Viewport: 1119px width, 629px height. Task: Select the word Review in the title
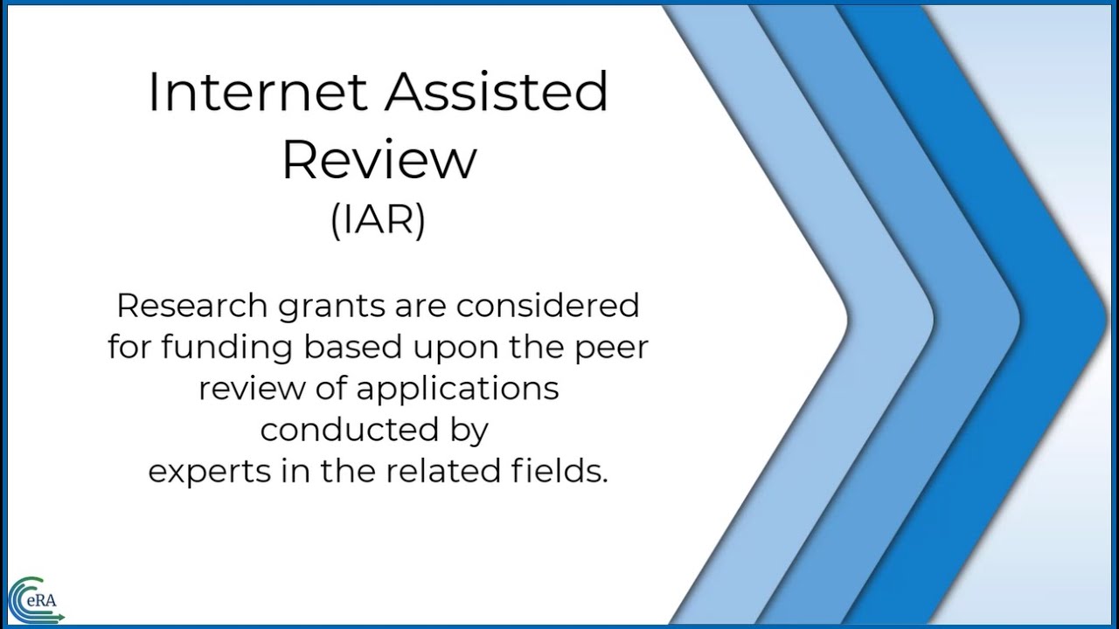[x=379, y=159]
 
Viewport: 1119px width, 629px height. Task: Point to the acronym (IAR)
[x=378, y=219]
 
